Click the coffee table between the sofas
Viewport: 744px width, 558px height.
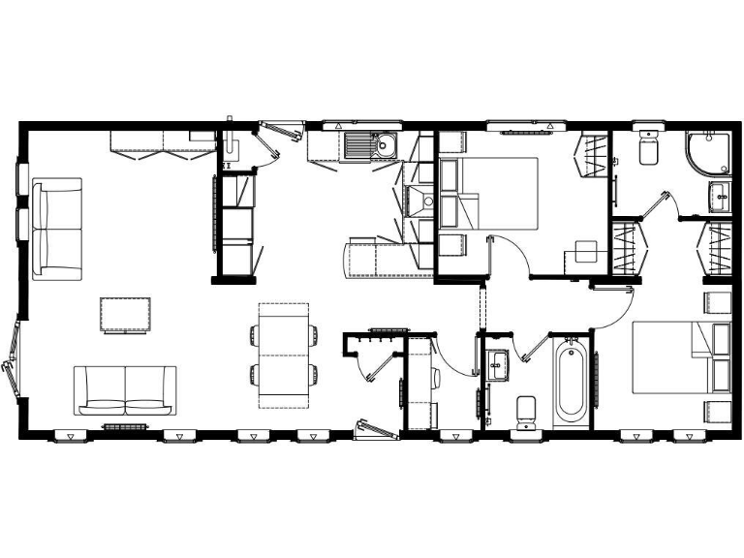tap(126, 315)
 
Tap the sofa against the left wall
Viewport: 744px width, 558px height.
tap(57, 228)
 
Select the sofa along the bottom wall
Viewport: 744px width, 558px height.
tap(126, 389)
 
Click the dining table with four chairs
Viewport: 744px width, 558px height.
tap(283, 356)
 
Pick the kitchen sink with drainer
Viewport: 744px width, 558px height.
tap(369, 146)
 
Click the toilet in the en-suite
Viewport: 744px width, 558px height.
tap(648, 150)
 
